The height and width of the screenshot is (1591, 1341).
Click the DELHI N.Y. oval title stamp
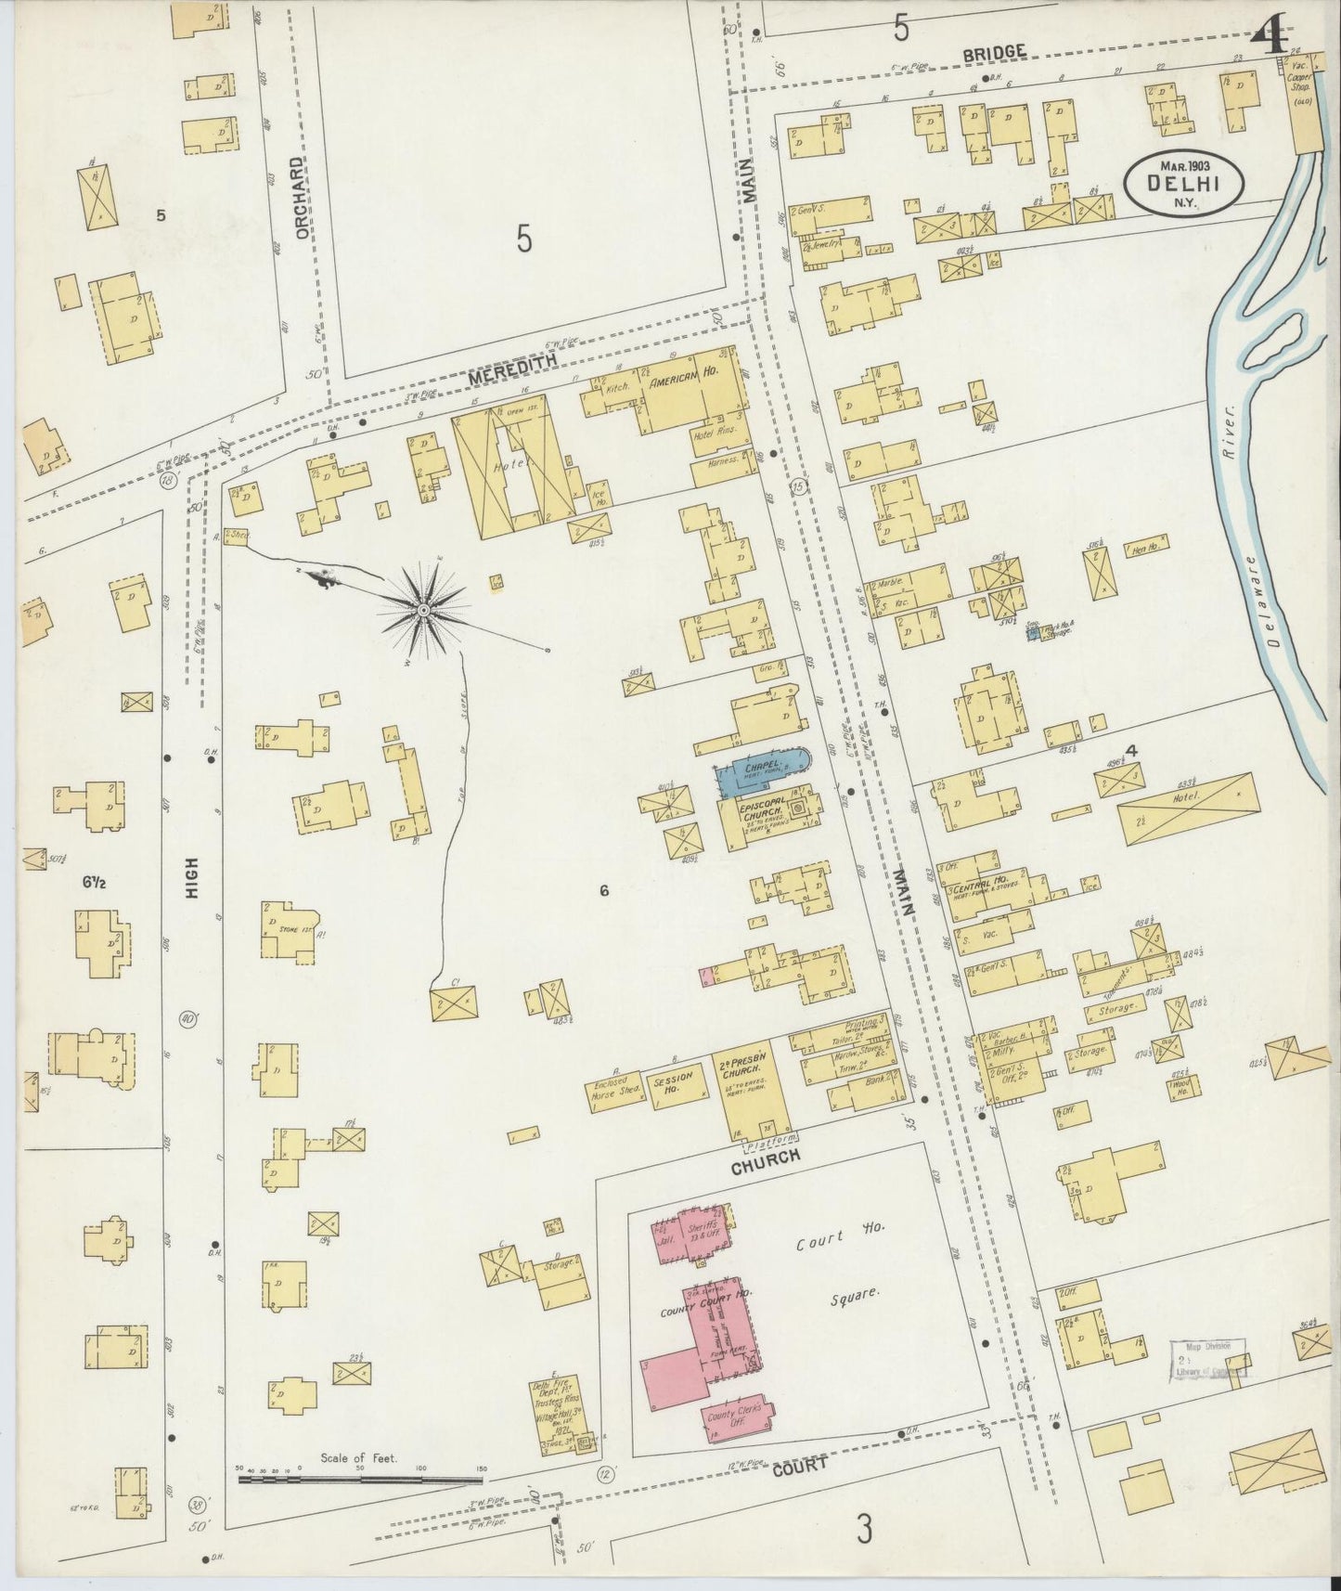(1183, 184)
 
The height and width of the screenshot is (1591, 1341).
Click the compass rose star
(423, 610)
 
